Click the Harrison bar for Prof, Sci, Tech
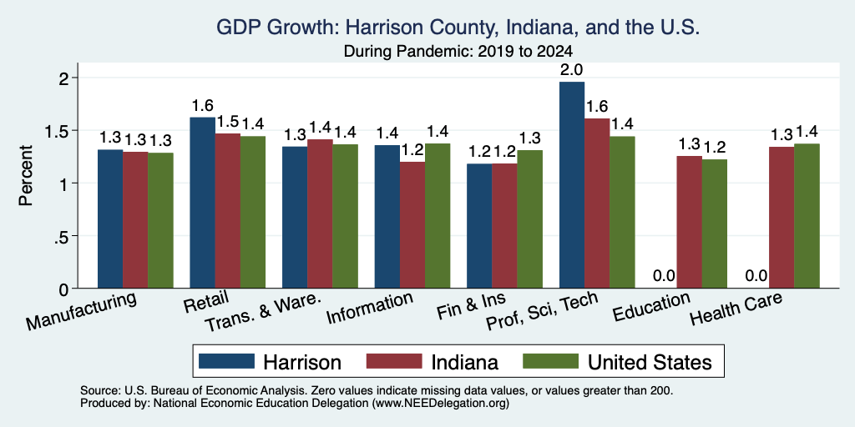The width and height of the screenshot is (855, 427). pyautogui.click(x=572, y=184)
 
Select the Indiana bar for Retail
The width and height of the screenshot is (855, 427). pyautogui.click(x=227, y=211)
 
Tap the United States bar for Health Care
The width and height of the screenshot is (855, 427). pyautogui.click(x=807, y=216)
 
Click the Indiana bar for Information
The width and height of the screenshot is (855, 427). pyautogui.click(x=412, y=225)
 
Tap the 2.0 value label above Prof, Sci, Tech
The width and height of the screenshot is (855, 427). pyautogui.click(x=572, y=70)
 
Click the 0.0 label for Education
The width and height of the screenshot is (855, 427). pyautogui.click(x=664, y=276)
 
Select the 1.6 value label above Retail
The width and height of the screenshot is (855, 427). pyautogui.click(x=202, y=105)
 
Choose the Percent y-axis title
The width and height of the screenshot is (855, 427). pyautogui.click(x=26, y=175)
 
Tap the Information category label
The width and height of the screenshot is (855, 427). pyautogui.click(x=370, y=309)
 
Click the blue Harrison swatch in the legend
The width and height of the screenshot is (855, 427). pyautogui.click(x=226, y=361)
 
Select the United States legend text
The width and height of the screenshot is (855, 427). pyautogui.click(x=650, y=362)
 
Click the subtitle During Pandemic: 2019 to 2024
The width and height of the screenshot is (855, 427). pyautogui.click(x=458, y=52)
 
